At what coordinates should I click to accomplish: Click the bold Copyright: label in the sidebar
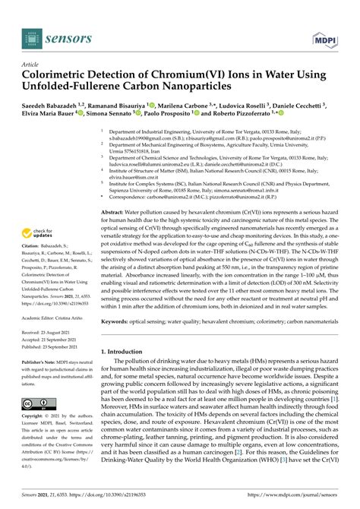[x=35, y=418]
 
